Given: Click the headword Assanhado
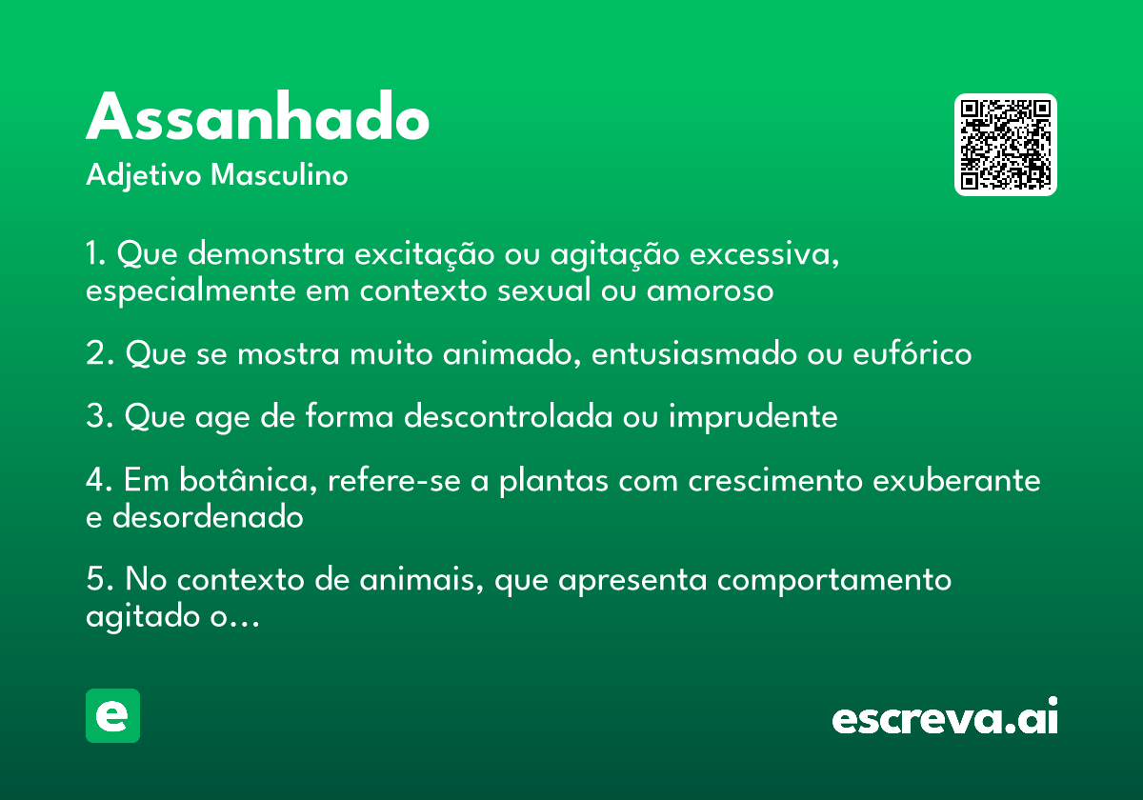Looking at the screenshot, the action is tap(258, 116).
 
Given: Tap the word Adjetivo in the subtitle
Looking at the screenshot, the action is tap(144, 176).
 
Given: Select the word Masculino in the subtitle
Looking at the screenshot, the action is tap(279, 175).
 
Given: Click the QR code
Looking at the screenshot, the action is tap(1005, 145).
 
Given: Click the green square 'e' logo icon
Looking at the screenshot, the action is tap(112, 715).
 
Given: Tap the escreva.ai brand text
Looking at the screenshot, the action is tap(945, 716).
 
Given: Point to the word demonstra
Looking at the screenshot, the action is tap(266, 253).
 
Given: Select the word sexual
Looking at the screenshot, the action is tap(544, 290).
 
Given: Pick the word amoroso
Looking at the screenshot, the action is tap(711, 291).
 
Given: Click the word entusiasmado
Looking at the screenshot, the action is tap(694, 353).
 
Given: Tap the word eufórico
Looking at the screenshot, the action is tap(912, 352).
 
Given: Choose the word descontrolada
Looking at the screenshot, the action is tap(509, 416).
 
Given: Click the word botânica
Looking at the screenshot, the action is tap(249, 480).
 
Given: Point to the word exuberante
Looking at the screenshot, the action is tap(956, 480).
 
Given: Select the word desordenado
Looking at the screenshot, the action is tap(208, 516).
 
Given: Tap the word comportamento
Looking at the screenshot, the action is tap(834, 581).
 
